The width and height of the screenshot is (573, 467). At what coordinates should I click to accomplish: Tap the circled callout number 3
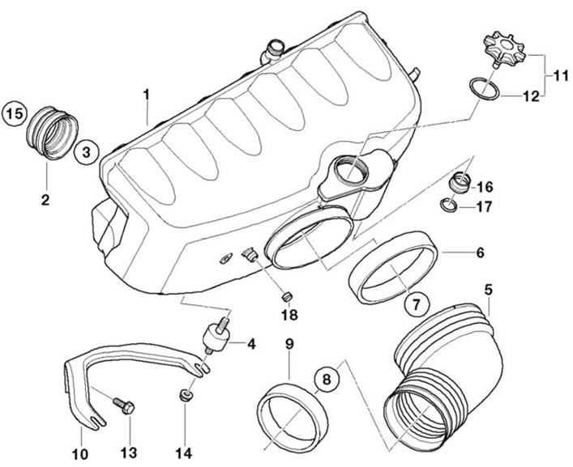coord(86,152)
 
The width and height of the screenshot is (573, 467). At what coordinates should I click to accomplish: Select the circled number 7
coord(417,304)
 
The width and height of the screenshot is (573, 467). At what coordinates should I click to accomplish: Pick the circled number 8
coord(327,379)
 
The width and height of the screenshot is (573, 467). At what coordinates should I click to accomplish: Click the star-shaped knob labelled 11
coord(505,49)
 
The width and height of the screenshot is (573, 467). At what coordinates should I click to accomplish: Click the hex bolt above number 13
coord(124,405)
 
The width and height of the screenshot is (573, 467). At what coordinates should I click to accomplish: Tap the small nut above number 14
coord(186,396)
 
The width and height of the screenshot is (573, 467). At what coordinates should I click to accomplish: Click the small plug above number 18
coord(287,297)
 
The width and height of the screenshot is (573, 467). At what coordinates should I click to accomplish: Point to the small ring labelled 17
coord(449,205)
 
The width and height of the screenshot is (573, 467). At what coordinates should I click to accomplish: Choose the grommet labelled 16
coord(460,182)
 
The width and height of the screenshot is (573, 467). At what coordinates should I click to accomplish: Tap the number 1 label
coord(146,95)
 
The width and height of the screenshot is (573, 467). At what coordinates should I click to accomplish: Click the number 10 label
coord(80,454)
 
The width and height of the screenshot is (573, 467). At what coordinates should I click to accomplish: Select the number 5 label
coord(488,280)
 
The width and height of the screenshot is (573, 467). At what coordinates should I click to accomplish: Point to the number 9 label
coord(289,344)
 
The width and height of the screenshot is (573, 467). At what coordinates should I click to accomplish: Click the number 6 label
coord(480,253)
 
